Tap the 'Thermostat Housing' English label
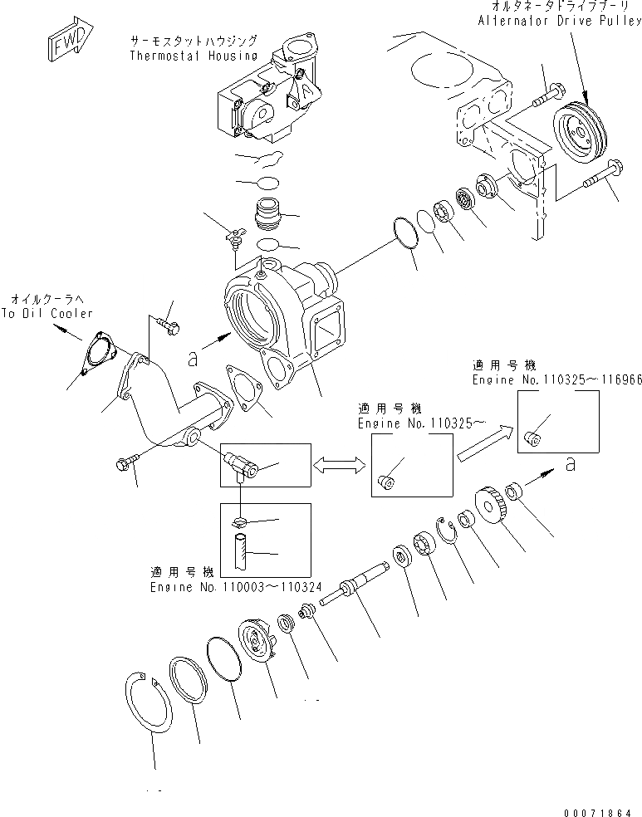pyautogui.click(x=192, y=56)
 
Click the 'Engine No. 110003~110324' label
pyautogui.click(x=230, y=586)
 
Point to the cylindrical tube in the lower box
pyautogui.click(x=242, y=550)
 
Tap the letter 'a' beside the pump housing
pyautogui.click(x=193, y=359)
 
